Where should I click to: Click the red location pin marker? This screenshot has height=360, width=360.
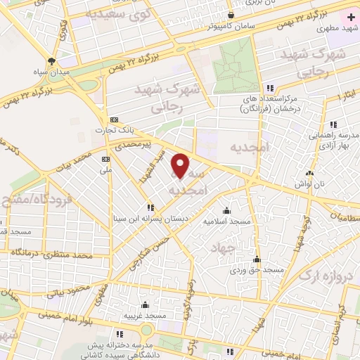tap(181, 165)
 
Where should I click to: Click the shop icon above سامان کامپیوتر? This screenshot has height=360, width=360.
tap(231, 15)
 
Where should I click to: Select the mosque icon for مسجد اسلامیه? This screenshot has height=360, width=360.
tap(226, 210)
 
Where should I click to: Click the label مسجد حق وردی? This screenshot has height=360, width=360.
tap(258, 270)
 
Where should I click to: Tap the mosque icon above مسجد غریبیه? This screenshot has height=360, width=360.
tap(144, 305)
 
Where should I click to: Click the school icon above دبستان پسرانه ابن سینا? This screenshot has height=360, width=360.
tap(150, 207)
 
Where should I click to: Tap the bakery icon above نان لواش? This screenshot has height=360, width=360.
tap(309, 172)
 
